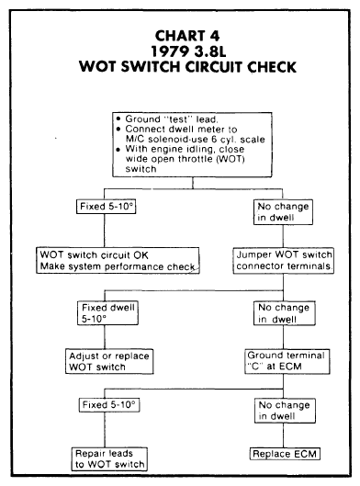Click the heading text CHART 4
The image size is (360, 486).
tap(187, 36)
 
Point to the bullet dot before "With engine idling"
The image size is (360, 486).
tap(118, 150)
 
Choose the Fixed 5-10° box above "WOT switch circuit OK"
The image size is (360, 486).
tap(106, 207)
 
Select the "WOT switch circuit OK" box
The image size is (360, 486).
tap(118, 260)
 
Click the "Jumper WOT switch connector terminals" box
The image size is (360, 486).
tap(284, 260)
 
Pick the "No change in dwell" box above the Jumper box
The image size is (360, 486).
tap(283, 212)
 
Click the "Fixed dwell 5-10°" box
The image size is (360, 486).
tap(107, 313)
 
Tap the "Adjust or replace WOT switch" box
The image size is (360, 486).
tap(109, 361)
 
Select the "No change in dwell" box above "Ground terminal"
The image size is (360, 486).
tap(285, 313)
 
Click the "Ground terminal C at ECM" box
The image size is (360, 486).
tap(287, 361)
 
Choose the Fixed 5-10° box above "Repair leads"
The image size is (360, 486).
tap(109, 405)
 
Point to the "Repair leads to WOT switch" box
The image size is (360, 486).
tap(109, 458)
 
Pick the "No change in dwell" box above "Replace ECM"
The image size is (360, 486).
tap(285, 411)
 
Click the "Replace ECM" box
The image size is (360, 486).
tap(285, 454)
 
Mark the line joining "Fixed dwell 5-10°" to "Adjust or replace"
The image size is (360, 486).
tap(105, 337)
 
